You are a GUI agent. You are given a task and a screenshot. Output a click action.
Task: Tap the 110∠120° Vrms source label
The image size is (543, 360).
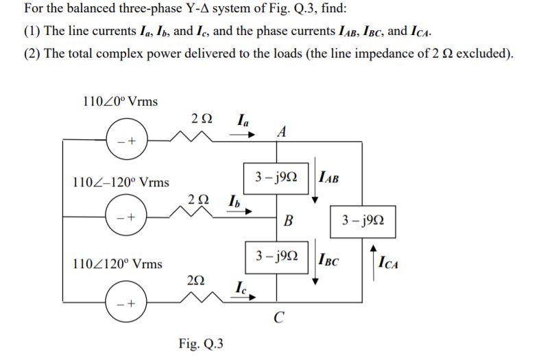click(117, 263)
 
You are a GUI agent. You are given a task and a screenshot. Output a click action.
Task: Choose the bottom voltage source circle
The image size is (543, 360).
click(125, 302)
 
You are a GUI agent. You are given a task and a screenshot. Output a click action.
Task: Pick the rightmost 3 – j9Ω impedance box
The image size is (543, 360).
click(361, 221)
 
